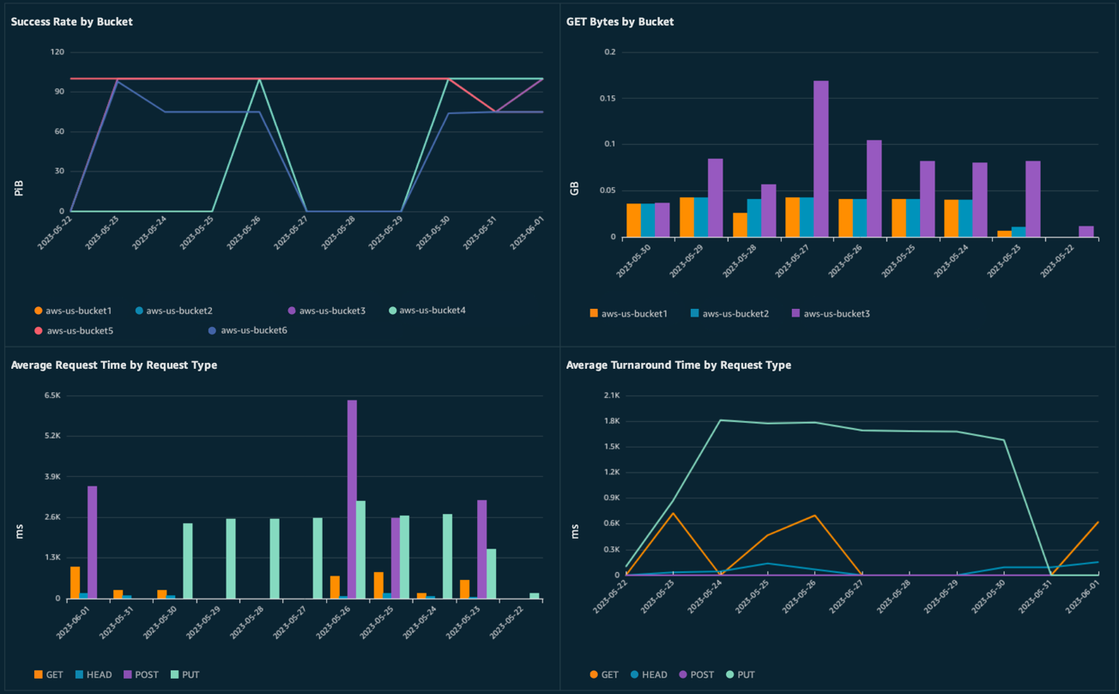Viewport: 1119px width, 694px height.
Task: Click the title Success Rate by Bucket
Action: pos(71,21)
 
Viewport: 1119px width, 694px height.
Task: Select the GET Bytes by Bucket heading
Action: pos(620,21)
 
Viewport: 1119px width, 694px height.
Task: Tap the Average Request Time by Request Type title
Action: pos(113,365)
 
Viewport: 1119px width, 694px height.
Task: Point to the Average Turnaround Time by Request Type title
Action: pos(678,365)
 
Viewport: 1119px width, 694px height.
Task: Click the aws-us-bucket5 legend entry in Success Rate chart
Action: pos(79,330)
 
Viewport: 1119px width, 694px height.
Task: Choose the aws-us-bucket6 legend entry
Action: pos(253,330)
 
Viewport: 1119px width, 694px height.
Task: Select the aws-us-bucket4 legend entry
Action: pos(432,311)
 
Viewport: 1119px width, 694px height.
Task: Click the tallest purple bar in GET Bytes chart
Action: pos(821,159)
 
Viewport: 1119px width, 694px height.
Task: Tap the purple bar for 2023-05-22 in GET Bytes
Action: pos(1086,232)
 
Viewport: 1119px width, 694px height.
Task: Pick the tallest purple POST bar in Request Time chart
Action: pos(352,498)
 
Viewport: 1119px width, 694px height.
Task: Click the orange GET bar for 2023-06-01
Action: pos(76,582)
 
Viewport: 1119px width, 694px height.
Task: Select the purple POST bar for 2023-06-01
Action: pos(93,542)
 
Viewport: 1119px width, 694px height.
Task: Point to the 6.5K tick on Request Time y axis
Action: pos(52,395)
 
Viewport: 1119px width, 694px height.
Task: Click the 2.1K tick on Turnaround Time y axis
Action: pos(612,395)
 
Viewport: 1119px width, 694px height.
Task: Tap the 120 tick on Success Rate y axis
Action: pos(57,52)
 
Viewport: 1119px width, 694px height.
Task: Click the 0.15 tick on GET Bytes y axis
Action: pos(608,99)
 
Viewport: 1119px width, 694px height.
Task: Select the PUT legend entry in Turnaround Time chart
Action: pos(746,675)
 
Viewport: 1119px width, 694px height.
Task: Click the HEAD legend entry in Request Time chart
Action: pos(99,675)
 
